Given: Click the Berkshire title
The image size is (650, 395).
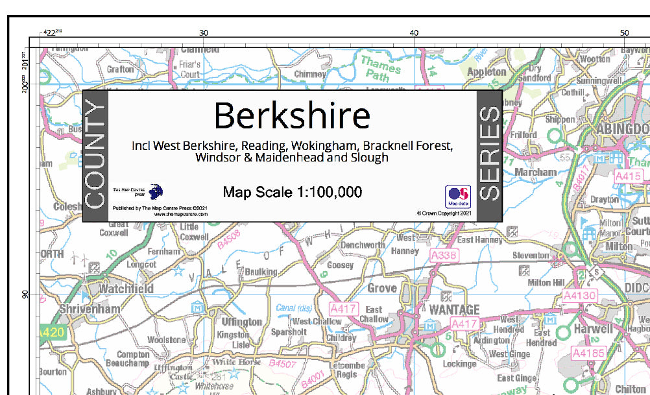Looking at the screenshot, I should click(292, 115).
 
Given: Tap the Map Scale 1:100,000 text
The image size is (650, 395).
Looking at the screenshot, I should click(292, 192).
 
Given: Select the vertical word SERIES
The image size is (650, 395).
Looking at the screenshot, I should click(489, 154).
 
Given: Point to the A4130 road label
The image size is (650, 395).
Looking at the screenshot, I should click(579, 296).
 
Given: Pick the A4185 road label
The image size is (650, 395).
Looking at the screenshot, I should click(588, 353).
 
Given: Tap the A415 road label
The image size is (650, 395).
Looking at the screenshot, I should click(628, 176).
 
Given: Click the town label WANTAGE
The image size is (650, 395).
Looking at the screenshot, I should click(454, 310).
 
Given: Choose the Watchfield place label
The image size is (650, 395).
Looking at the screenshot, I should click(126, 289).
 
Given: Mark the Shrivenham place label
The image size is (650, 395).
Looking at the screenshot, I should click(90, 309).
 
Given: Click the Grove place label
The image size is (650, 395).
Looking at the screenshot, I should click(381, 288).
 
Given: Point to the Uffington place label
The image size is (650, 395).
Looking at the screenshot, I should click(242, 322).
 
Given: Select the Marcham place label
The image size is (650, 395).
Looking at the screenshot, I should click(535, 173).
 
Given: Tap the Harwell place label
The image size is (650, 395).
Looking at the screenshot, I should click(593, 329).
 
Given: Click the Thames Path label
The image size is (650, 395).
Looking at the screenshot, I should click(381, 68).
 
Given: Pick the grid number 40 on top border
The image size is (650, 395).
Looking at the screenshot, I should click(414, 32).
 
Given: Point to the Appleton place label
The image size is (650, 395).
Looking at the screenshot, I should click(487, 72).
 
